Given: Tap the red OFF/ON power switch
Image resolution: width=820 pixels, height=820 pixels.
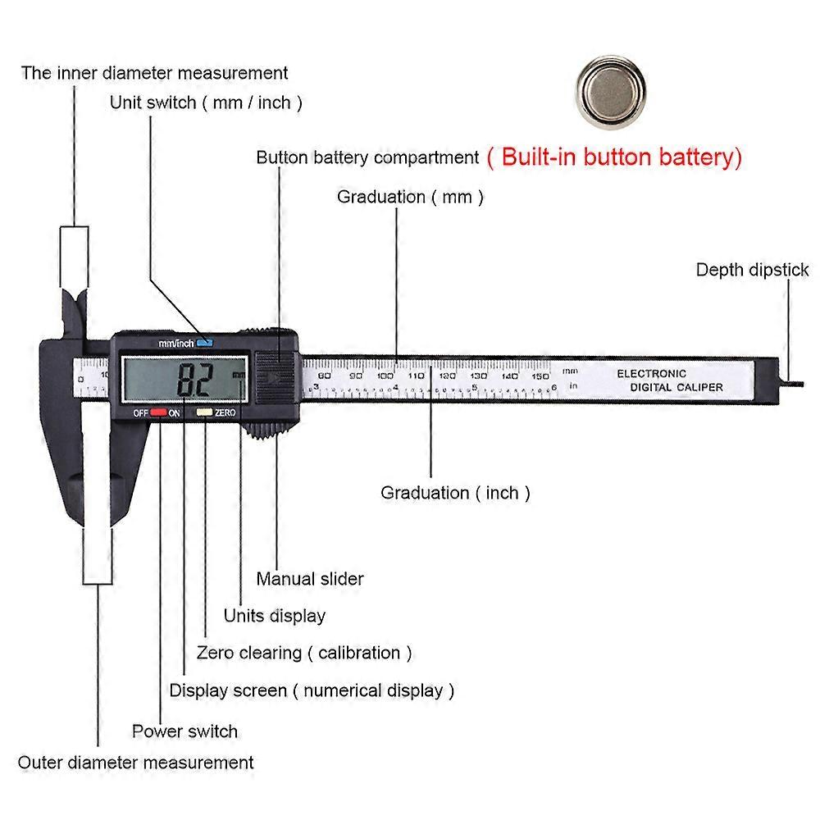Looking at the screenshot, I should (x=157, y=413).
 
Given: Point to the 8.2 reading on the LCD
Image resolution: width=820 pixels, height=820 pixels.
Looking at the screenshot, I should (x=195, y=379).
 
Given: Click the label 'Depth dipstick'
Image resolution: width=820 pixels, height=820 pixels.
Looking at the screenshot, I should (x=752, y=270).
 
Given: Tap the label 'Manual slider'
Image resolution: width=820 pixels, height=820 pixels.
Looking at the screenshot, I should (x=310, y=578).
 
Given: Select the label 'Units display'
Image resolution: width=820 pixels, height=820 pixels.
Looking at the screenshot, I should (x=275, y=615).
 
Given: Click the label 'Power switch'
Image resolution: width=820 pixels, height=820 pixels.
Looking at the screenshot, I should (x=184, y=731).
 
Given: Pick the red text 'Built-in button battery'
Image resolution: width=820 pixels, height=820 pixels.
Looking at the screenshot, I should (x=614, y=157).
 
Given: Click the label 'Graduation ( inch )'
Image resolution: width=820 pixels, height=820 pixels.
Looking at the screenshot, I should (x=455, y=493).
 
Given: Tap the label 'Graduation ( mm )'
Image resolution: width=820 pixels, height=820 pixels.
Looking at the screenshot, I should (x=410, y=197).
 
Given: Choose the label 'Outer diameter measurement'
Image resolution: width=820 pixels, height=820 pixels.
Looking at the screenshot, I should (x=136, y=762).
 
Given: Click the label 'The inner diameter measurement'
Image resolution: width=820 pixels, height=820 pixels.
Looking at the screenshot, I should (x=155, y=72).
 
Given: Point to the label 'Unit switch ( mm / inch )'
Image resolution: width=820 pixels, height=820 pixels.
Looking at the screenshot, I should (x=207, y=102).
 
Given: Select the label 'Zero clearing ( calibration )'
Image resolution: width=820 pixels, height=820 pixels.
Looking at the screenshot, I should (x=304, y=653).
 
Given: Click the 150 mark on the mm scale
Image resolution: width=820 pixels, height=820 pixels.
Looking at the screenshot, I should (x=539, y=375).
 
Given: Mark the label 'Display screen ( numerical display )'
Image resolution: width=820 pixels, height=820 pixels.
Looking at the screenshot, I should (x=312, y=690).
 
